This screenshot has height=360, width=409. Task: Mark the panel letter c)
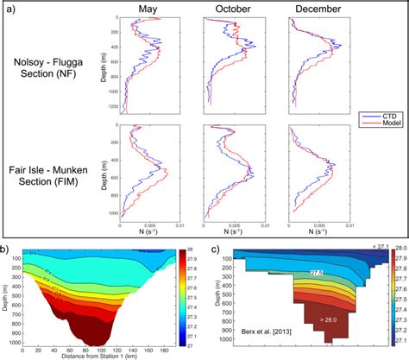212,251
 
